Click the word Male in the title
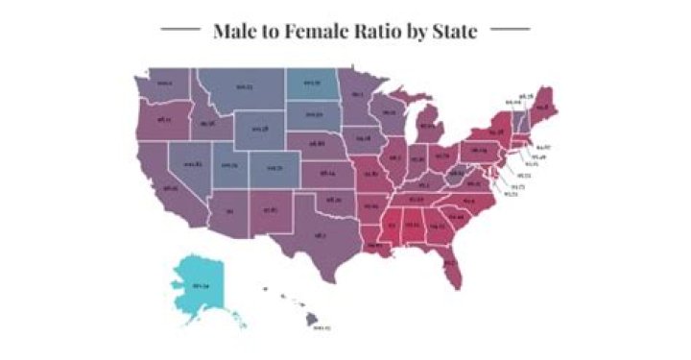[x=236, y=31]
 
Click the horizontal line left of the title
[x=179, y=31]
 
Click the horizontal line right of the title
[x=510, y=31]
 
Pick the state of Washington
[x=164, y=84]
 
